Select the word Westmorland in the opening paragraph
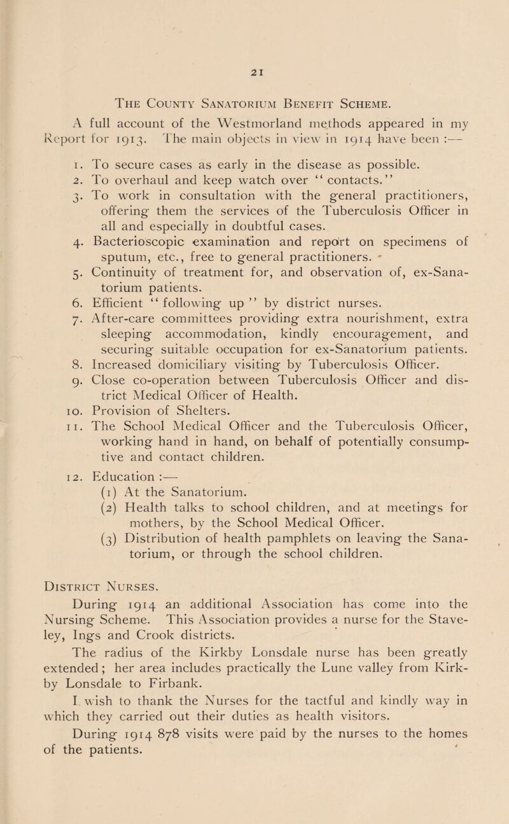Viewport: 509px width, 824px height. [x=218, y=114]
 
